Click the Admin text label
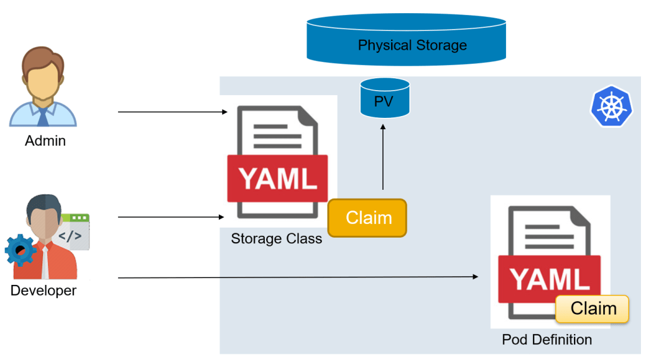[x=45, y=141]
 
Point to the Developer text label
[x=44, y=291]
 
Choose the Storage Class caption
[x=276, y=239]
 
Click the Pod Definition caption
[x=547, y=340]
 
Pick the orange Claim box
[x=368, y=218]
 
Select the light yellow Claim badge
[x=593, y=309]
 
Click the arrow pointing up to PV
[x=382, y=158]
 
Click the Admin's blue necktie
[x=43, y=115]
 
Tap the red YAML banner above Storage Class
[x=278, y=178]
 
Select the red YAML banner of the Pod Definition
[x=548, y=278]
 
